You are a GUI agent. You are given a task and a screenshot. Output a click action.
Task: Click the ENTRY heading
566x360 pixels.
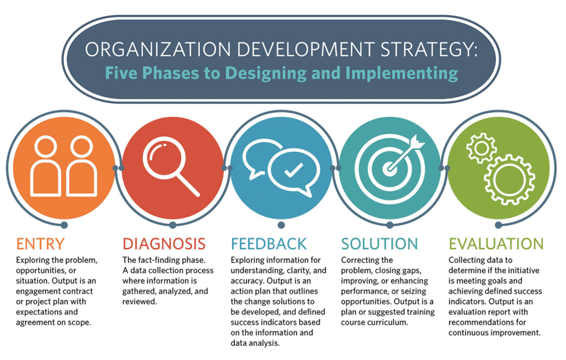(x=40, y=244)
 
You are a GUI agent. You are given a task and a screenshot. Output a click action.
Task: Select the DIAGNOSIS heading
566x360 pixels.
(x=164, y=244)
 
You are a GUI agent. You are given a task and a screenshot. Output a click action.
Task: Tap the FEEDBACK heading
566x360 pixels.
(x=269, y=244)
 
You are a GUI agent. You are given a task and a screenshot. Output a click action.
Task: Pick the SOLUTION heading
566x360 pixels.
(x=379, y=244)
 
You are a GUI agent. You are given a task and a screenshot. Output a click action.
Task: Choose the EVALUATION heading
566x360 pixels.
(x=496, y=244)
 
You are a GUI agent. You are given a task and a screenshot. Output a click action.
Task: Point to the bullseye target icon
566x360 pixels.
(x=389, y=168)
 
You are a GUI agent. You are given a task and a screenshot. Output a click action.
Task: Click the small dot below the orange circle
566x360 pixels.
(x=64, y=225)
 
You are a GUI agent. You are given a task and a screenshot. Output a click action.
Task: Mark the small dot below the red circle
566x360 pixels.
(x=173, y=225)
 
